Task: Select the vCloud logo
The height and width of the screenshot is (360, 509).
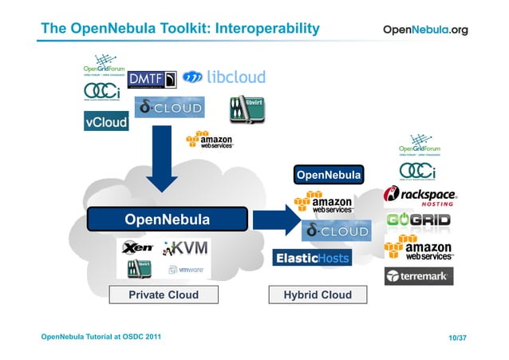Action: pyautogui.click(x=106, y=122)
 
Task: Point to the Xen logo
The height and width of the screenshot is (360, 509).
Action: pyautogui.click(x=137, y=248)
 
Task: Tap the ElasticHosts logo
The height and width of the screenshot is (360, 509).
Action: pyautogui.click(x=312, y=258)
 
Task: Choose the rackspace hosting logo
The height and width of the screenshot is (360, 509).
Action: pyautogui.click(x=420, y=196)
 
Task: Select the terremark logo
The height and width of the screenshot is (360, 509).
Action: pyautogui.click(x=419, y=276)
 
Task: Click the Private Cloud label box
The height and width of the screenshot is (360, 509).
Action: pyautogui.click(x=164, y=295)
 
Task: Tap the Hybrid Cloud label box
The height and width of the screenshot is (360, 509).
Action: pyautogui.click(x=318, y=295)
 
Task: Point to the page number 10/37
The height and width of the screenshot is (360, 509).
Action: pyautogui.click(x=457, y=338)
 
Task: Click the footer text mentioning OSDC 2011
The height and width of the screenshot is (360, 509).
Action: pyautogui.click(x=101, y=337)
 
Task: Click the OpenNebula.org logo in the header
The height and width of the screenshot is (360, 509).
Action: pyautogui.click(x=425, y=30)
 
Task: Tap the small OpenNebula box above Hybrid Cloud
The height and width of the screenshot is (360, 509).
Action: pyautogui.click(x=329, y=175)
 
